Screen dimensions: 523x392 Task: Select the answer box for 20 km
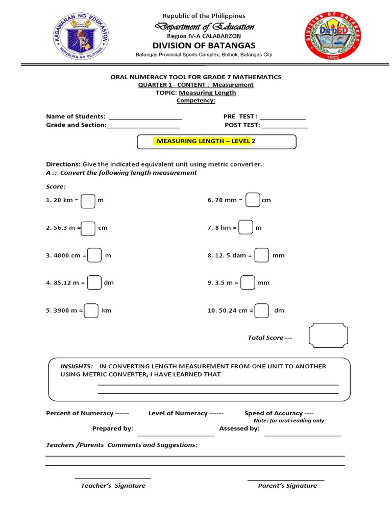click(x=88, y=201)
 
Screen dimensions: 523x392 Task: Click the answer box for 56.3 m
click(x=88, y=228)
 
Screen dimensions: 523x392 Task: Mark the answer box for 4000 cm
click(x=94, y=255)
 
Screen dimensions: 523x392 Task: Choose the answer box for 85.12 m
click(x=94, y=282)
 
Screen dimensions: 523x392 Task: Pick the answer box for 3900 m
click(x=91, y=311)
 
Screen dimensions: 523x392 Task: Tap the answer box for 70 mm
click(x=253, y=200)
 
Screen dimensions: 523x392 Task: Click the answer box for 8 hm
click(x=246, y=228)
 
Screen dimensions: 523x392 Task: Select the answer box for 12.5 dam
click(x=261, y=255)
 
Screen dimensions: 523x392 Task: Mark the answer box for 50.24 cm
click(x=262, y=311)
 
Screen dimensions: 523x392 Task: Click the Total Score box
click(x=328, y=336)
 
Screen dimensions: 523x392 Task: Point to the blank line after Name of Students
click(x=145, y=118)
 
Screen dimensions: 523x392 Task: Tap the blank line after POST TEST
click(x=285, y=126)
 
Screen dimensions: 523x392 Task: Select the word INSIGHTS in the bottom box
click(x=77, y=366)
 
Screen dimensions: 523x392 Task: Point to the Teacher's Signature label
click(x=113, y=486)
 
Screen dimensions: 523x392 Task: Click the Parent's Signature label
click(x=287, y=486)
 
